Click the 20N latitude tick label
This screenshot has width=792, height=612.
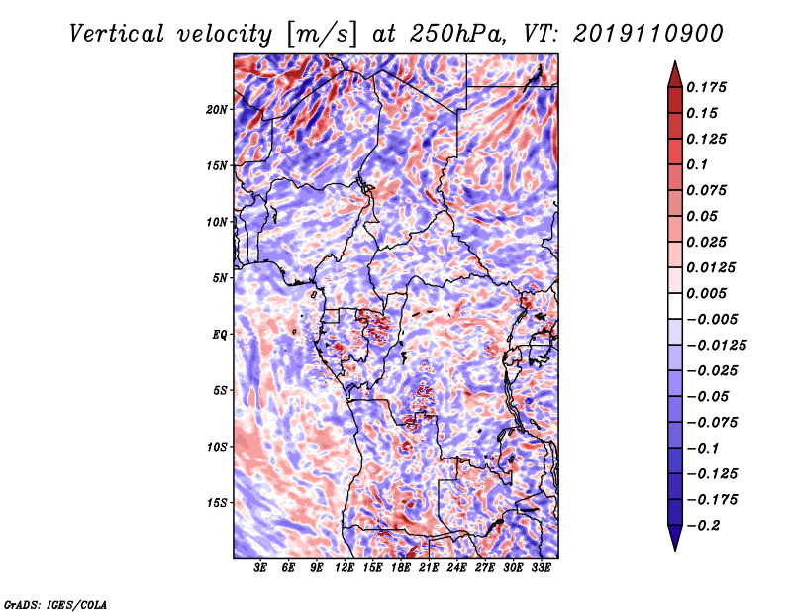217,110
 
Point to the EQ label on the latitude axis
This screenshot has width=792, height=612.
220,335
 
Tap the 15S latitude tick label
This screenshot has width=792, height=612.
217,503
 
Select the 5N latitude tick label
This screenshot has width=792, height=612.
220,278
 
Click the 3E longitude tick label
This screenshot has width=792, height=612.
260,568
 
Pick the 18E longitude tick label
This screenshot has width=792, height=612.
401,568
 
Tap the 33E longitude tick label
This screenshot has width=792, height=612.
541,568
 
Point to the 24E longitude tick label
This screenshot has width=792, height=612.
456,568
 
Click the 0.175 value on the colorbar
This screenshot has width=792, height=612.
706,87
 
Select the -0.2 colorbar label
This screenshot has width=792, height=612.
704,526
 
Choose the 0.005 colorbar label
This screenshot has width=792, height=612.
706,293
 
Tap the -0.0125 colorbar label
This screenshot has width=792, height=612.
716,346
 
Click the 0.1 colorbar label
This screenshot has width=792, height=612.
697,164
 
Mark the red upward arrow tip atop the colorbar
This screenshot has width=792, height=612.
675,62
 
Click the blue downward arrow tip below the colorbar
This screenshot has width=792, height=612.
675,550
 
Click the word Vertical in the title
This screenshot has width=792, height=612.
116,34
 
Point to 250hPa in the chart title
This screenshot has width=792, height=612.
457,34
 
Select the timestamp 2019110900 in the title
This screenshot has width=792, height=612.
648,34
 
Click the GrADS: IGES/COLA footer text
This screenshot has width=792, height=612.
55,605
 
